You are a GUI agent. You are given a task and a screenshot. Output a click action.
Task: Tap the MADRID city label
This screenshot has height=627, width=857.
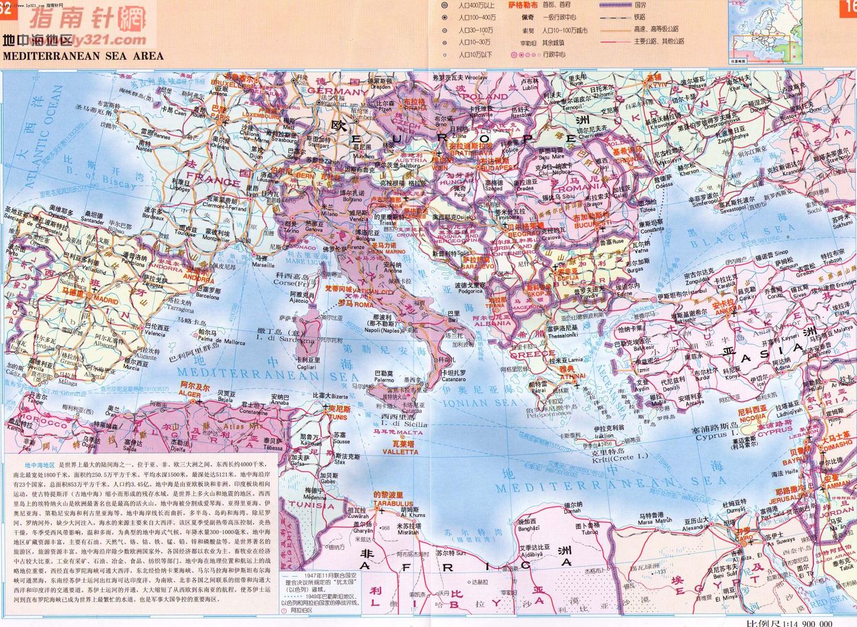(x=90, y=300)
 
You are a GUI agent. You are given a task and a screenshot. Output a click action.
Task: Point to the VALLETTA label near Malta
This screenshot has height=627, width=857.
(x=400, y=452)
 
